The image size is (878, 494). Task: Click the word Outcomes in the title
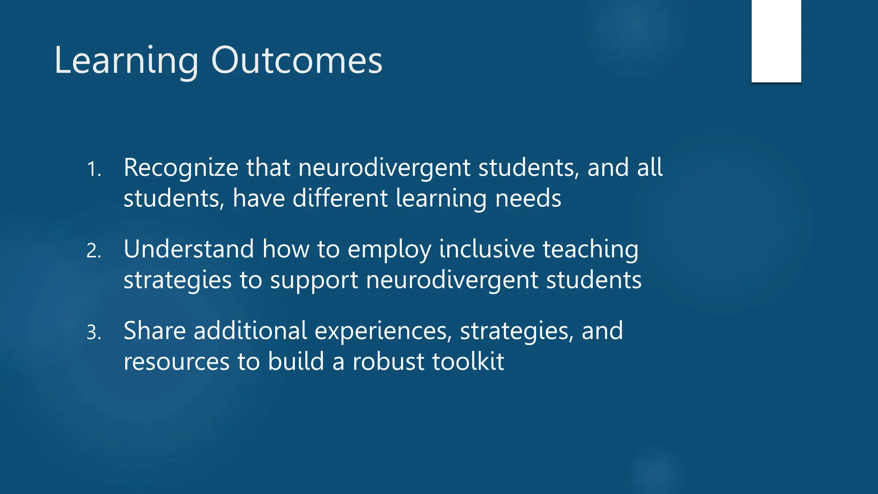pos(296,60)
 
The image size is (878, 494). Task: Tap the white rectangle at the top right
pos(776,41)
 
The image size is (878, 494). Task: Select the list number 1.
pos(93,169)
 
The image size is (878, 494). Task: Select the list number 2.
pos(93,251)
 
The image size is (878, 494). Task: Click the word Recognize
pos(180,168)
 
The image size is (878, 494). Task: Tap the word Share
pos(154,331)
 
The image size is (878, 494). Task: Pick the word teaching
pos(590,250)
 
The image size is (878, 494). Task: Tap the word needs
pos(528,199)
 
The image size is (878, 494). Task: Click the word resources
pos(176,362)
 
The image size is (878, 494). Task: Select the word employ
pos(389,250)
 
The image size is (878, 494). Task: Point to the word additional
pos(250,331)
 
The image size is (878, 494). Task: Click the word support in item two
pos(314,281)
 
